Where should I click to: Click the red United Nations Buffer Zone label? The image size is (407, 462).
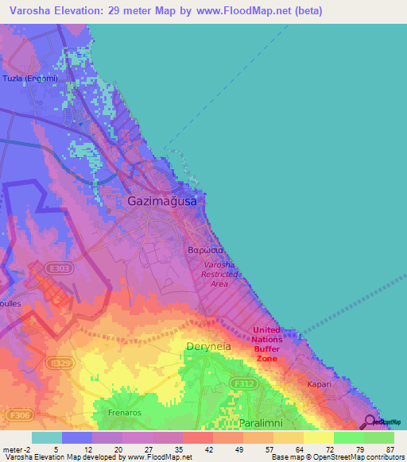point(266,344)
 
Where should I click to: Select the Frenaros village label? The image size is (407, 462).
point(123,413)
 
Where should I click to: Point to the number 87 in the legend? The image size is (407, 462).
point(390,449)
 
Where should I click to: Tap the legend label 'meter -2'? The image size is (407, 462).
point(17,449)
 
